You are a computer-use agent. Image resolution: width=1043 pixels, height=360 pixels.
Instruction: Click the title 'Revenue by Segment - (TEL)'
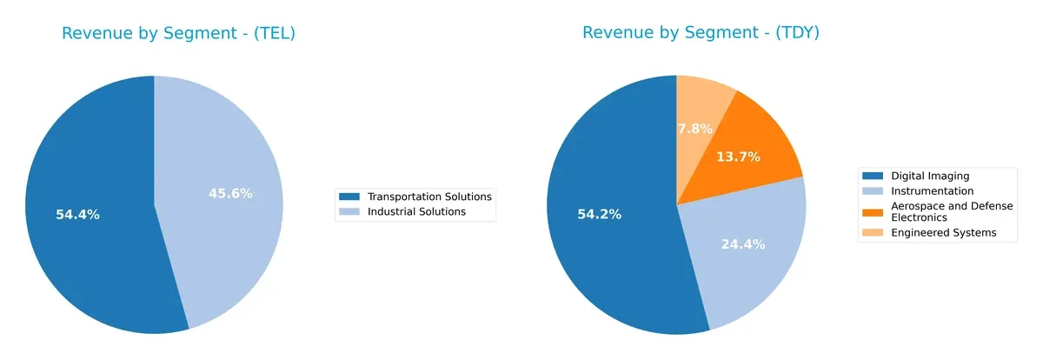[178, 34]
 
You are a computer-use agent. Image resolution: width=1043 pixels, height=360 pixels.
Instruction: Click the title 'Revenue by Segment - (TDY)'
[701, 33]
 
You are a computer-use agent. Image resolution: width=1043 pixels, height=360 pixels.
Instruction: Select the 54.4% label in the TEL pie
[77, 215]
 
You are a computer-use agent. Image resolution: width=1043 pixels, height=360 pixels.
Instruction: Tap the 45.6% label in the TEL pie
[230, 194]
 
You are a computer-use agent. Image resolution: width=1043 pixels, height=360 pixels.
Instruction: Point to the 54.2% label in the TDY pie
[599, 214]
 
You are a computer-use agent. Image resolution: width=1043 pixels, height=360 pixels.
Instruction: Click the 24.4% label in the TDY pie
[742, 244]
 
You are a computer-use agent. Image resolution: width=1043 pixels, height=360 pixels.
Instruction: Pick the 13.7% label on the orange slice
[738, 157]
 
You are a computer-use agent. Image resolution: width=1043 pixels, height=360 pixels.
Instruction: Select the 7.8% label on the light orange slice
[694, 129]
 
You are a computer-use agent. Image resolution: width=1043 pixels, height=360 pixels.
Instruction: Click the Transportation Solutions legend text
[429, 197]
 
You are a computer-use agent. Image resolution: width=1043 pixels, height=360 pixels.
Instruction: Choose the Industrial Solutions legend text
[416, 211]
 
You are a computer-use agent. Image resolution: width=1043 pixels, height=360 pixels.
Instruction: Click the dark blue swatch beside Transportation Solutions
[350, 197]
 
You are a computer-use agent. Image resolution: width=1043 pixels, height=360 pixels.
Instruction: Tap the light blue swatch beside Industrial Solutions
[350, 211]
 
